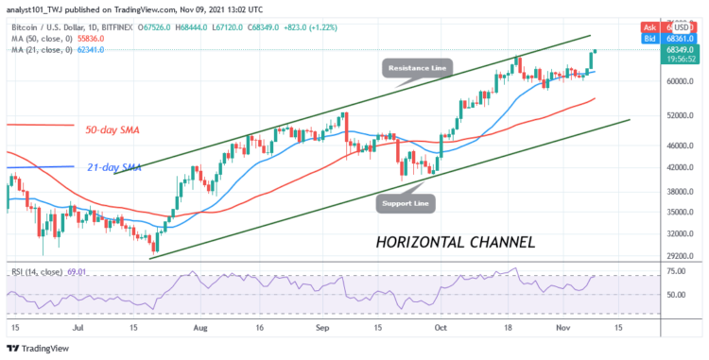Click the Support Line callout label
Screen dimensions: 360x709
[x=407, y=201]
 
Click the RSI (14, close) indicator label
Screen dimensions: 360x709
[x=43, y=270]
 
